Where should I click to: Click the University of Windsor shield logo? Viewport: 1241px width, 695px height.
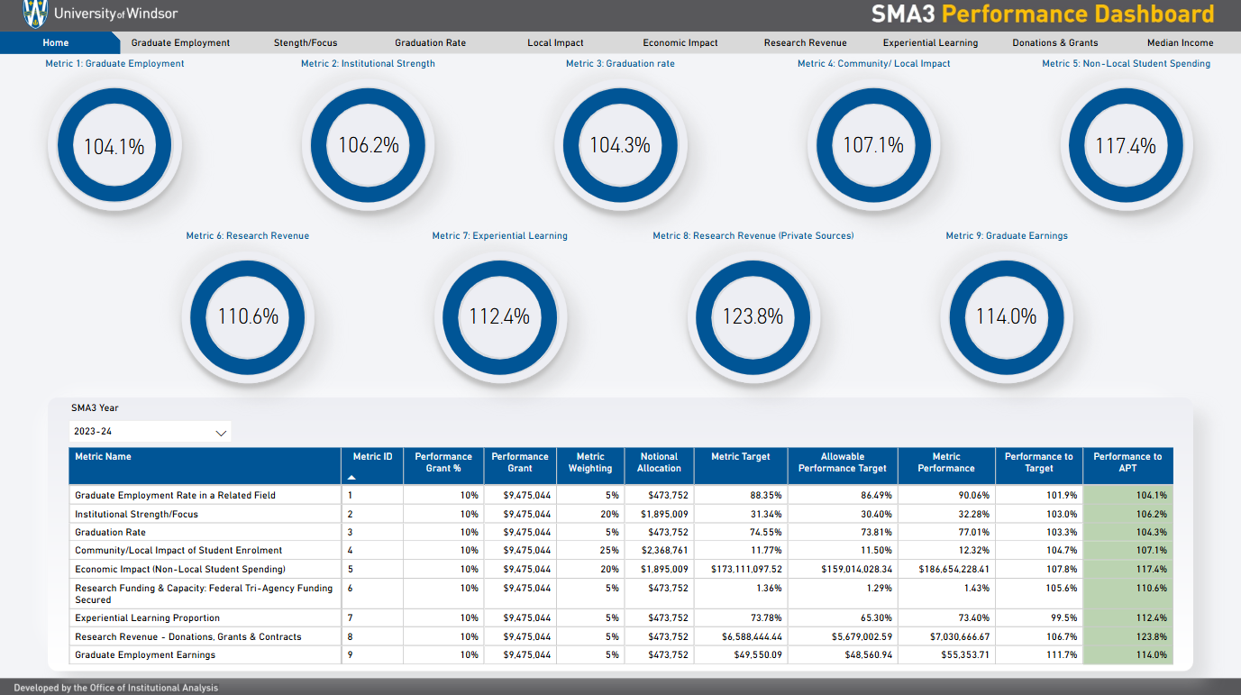[x=33, y=14]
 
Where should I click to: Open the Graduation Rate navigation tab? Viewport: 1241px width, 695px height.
[x=430, y=42]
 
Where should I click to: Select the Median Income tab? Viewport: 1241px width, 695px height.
[x=1180, y=42]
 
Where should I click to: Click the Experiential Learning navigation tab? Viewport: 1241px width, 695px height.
[x=930, y=42]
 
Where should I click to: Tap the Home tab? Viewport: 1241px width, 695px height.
[x=56, y=42]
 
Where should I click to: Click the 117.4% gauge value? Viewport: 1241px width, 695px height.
[x=1126, y=146]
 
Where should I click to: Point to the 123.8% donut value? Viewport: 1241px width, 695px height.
[x=753, y=317]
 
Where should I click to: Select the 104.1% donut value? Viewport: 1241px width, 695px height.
[x=114, y=146]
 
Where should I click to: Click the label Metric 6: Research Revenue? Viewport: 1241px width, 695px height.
[x=247, y=236]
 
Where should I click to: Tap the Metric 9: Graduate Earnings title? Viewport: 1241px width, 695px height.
[x=1006, y=236]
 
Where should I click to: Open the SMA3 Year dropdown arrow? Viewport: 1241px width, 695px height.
[x=221, y=433]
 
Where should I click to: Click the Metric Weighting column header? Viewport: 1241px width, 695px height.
[x=590, y=462]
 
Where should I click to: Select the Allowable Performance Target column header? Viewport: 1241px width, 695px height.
[x=842, y=462]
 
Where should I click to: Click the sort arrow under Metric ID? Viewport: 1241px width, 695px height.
[x=351, y=477]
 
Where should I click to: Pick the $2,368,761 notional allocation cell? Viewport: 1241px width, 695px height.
[x=667, y=551]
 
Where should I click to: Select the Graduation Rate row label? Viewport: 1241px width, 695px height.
[x=110, y=533]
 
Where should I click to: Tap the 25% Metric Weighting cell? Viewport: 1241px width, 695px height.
[x=610, y=551]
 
